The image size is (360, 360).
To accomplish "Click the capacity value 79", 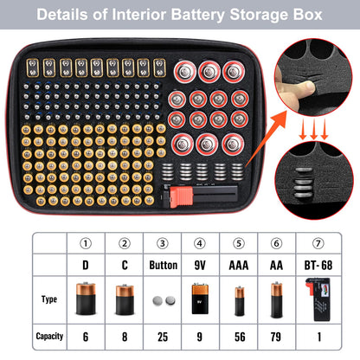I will [x=277, y=336].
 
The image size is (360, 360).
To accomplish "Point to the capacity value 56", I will [x=239, y=336].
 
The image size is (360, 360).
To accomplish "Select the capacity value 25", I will [x=162, y=336].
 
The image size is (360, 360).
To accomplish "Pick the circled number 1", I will [x=86, y=246].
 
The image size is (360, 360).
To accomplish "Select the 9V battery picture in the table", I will [x=200, y=299].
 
